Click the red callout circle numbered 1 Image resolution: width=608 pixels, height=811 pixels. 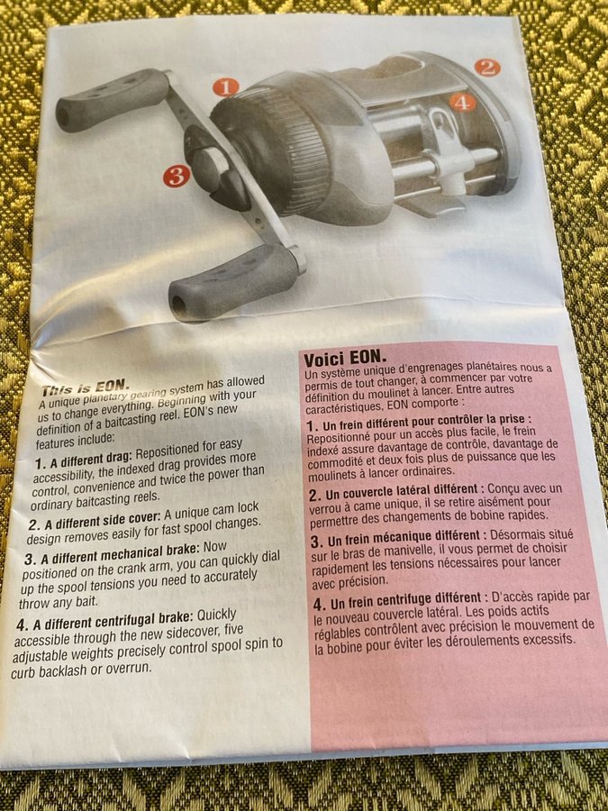click(x=226, y=87)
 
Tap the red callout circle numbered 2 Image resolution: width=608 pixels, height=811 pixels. click(x=487, y=68)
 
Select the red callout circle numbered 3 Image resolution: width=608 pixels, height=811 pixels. click(x=177, y=177)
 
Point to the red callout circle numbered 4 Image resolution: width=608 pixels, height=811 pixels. click(x=462, y=103)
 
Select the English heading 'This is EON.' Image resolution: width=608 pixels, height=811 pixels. click(x=86, y=387)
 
